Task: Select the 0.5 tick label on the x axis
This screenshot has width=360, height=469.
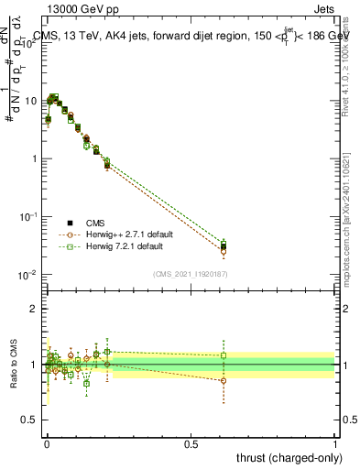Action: (x=191, y=444)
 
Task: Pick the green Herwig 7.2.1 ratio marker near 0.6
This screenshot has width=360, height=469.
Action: (x=224, y=355)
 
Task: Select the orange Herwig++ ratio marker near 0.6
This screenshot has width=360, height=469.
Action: (x=224, y=380)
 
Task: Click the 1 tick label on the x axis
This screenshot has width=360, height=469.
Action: (x=335, y=444)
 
